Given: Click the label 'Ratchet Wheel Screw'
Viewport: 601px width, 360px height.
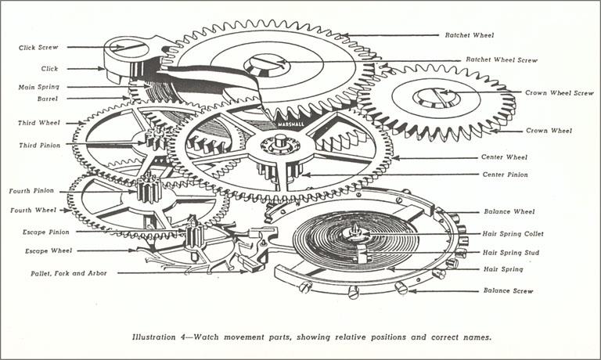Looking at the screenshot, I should [x=501, y=59].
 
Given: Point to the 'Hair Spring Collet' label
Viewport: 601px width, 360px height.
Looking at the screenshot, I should [x=513, y=234].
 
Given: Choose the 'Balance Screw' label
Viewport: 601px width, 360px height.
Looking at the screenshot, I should [x=508, y=291].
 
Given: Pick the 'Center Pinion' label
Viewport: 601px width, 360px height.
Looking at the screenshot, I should [x=505, y=175].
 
